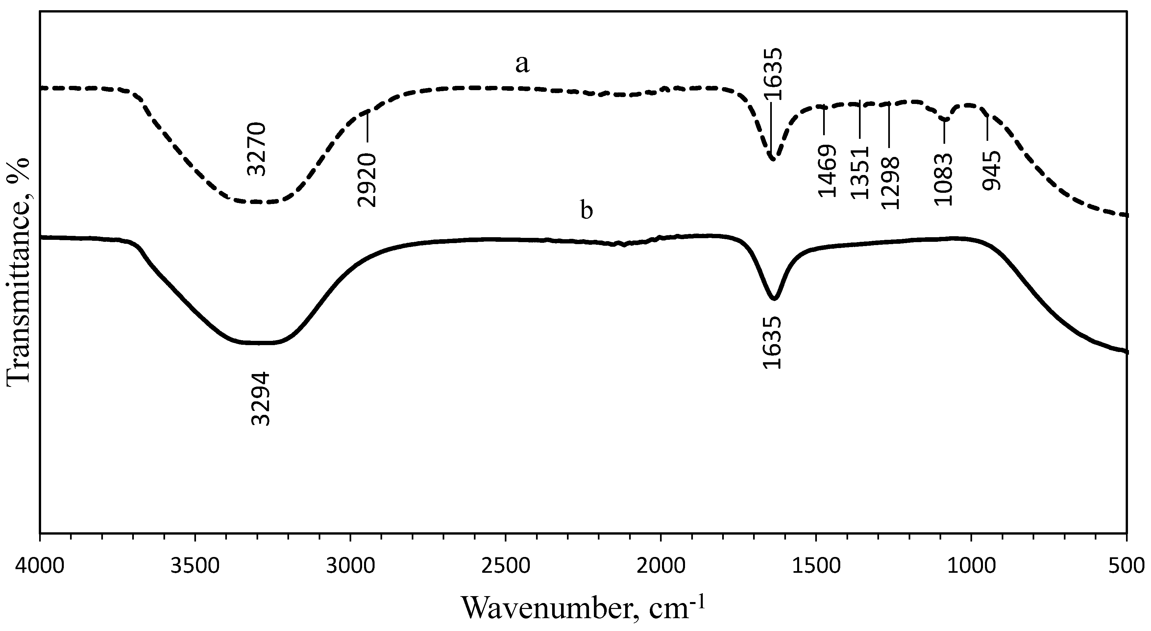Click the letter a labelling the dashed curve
pyautogui.click(x=522, y=64)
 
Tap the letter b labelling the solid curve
pyautogui.click(x=587, y=210)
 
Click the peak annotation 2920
pyautogui.click(x=367, y=180)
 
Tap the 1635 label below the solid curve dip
pyautogui.click(x=772, y=342)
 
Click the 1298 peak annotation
pyautogui.click(x=890, y=182)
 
